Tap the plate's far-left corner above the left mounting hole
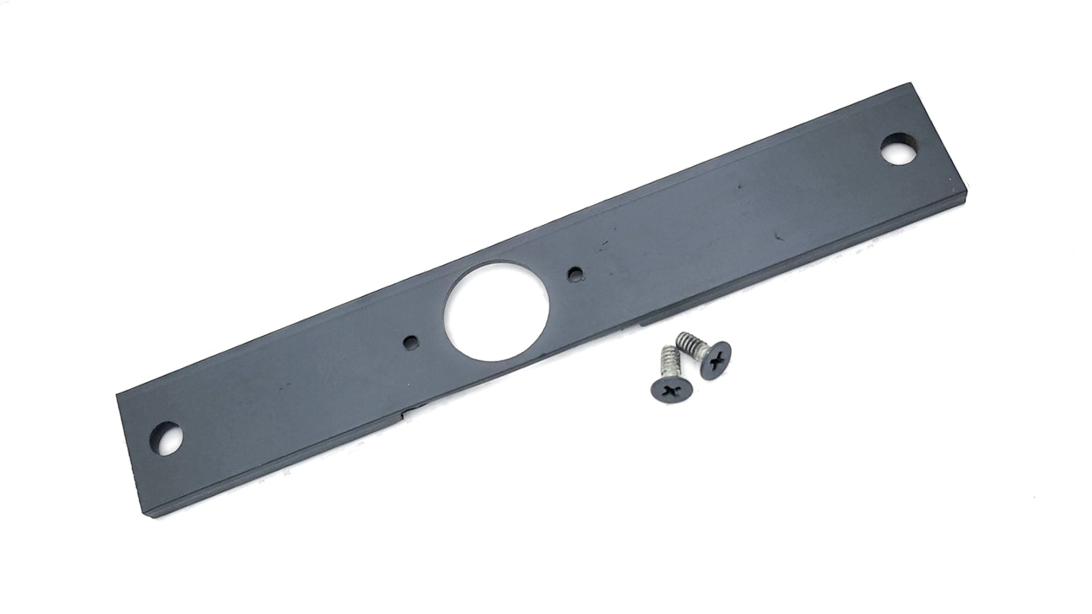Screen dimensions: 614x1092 [x=116, y=395]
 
